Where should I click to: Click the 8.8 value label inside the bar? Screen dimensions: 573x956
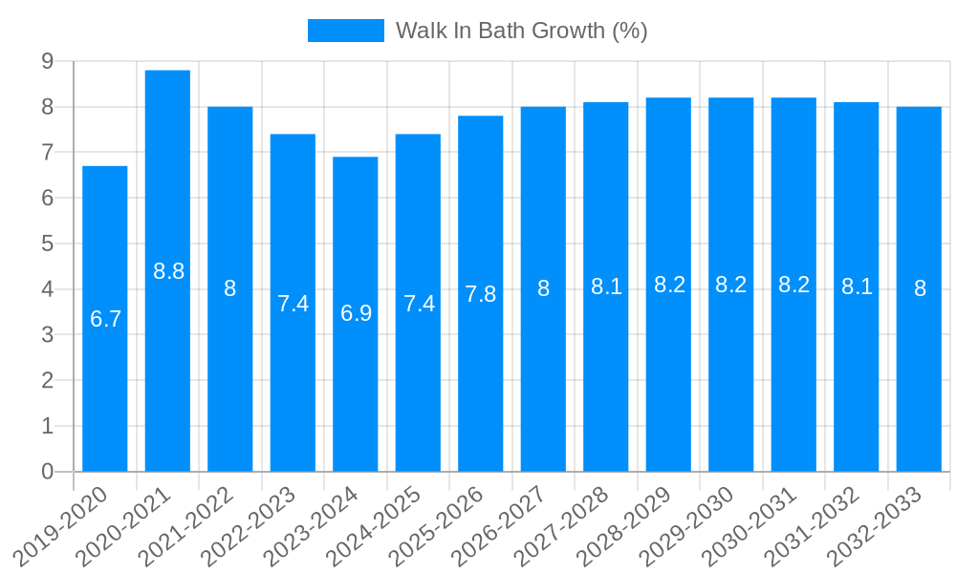point(168,271)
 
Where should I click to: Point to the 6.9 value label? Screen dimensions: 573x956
point(356,313)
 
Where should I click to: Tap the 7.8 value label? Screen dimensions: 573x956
point(481,294)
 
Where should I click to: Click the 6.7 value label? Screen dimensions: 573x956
point(105,319)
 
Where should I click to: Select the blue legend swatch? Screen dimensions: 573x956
point(345,31)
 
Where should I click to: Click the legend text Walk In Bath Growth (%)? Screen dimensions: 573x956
point(522,31)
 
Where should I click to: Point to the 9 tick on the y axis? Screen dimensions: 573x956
point(47,61)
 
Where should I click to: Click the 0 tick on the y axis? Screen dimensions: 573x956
point(47,472)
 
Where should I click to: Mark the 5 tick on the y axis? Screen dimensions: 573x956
point(47,244)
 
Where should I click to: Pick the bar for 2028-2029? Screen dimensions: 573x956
point(668,382)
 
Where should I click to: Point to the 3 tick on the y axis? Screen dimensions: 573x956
point(47,335)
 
